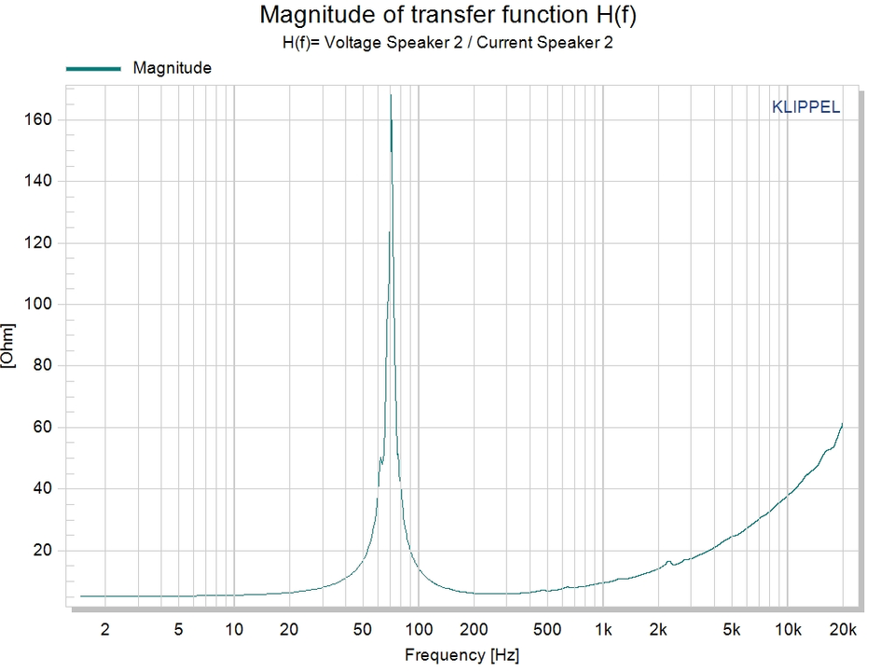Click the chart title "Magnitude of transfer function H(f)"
click(447, 16)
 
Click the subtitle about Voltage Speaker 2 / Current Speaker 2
click(447, 42)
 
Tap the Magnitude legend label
click(172, 68)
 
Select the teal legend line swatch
click(93, 68)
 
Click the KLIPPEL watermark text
click(805, 107)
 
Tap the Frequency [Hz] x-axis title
click(458, 655)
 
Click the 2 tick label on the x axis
click(104, 629)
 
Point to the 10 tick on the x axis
click(233, 629)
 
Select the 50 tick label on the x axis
click(363, 629)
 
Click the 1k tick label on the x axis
click(603, 629)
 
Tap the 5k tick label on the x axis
click(733, 629)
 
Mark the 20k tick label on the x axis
click(843, 629)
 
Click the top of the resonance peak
click(391, 95)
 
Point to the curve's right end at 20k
click(843, 423)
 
